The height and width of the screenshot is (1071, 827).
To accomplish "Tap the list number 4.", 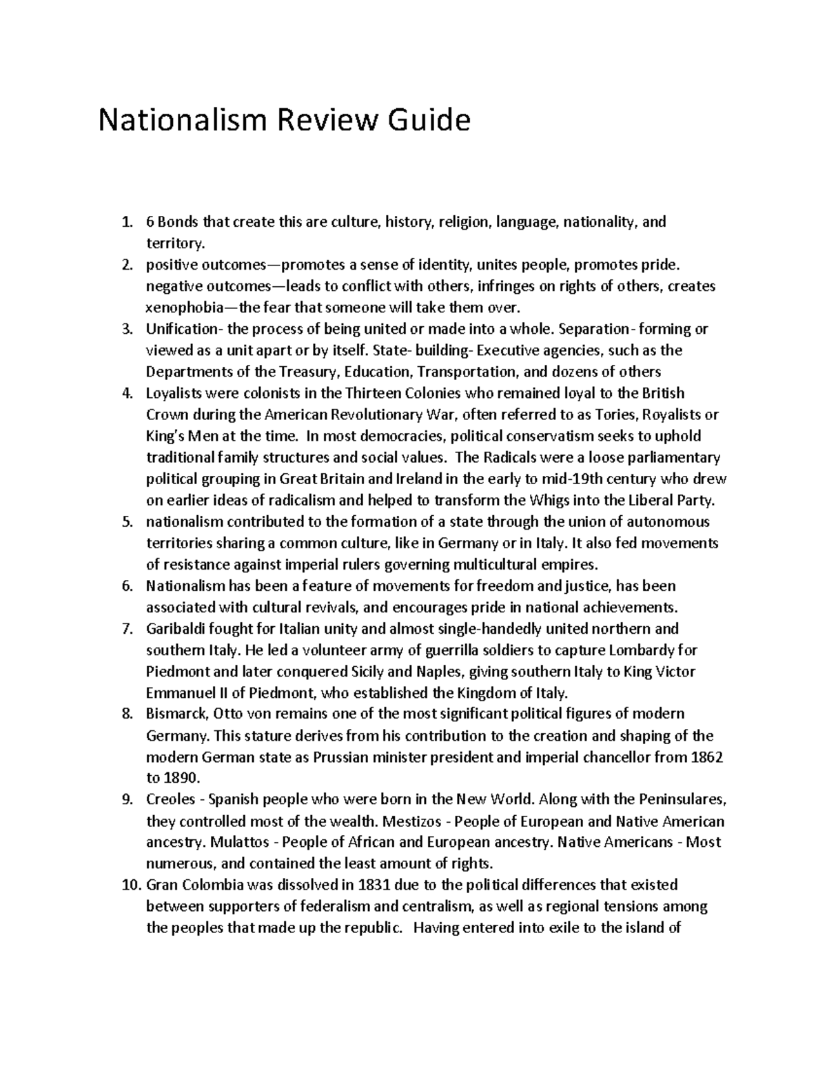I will tap(126, 394).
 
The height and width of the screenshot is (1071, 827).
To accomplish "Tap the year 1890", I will tap(181, 779).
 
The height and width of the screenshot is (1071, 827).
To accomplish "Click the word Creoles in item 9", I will tap(169, 800).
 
